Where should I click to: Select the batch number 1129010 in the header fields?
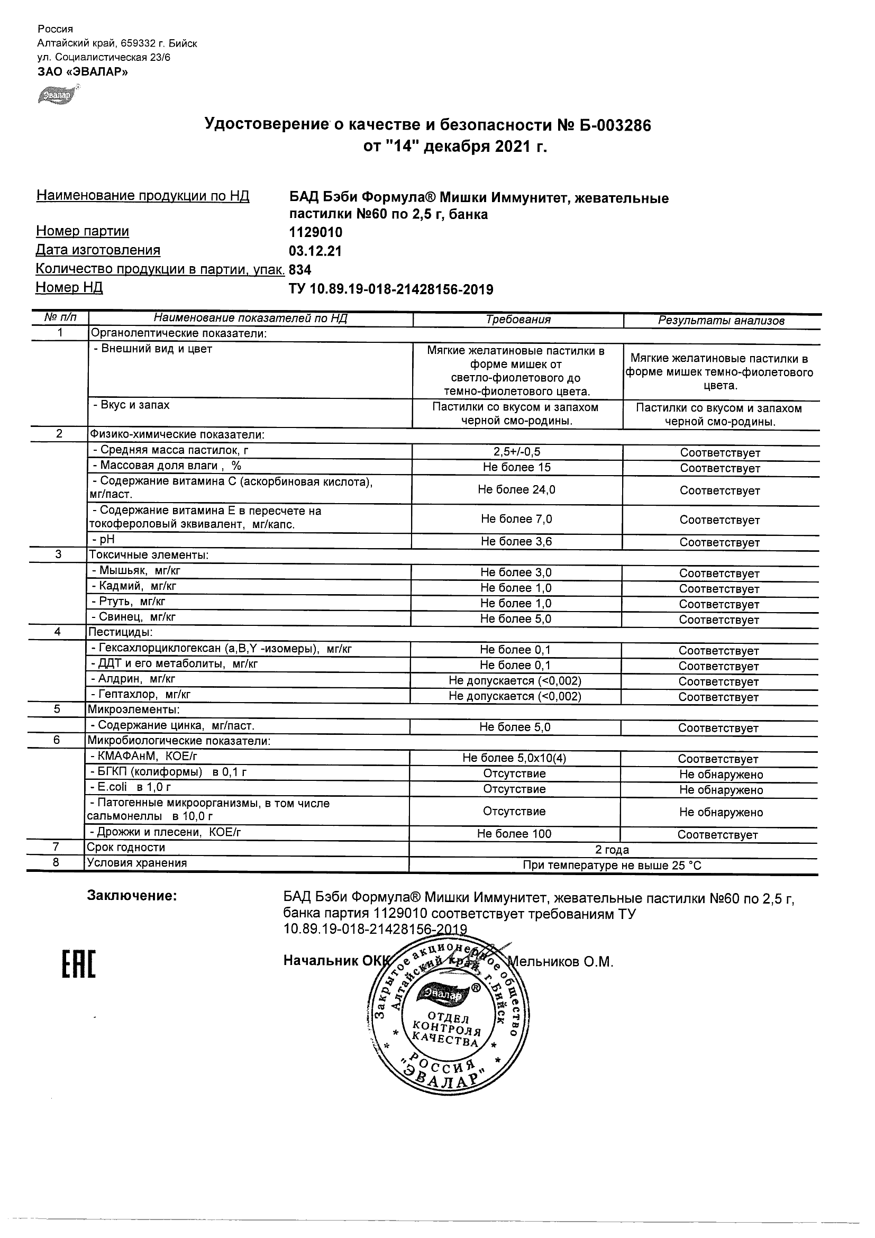pos(316,232)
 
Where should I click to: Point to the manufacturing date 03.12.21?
pos(315,251)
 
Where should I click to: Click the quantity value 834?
pos(300,270)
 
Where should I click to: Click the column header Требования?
pos(518,320)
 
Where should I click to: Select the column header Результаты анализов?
pos(722,321)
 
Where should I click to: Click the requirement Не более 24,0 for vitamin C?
pos(516,489)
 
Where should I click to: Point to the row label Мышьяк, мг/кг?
pos(139,570)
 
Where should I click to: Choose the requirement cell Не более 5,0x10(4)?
pos(514,758)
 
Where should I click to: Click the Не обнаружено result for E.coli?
pos(721,790)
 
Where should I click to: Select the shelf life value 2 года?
pos(612,850)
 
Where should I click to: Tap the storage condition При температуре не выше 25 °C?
pos(612,866)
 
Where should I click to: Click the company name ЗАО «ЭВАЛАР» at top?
pos(83,72)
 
